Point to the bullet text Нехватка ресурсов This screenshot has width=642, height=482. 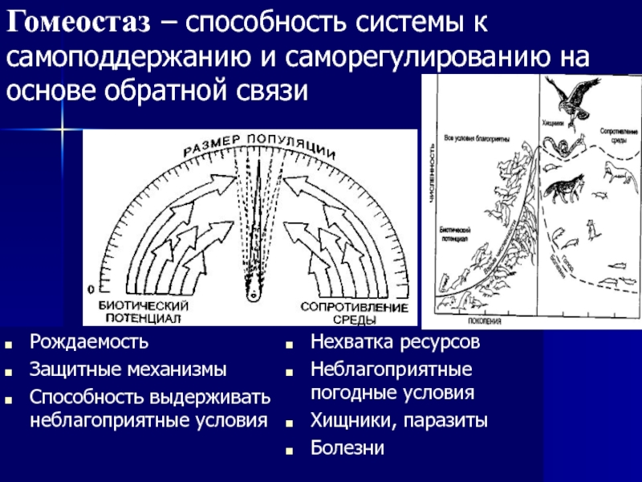click(396, 344)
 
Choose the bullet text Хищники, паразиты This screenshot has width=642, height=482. click(398, 421)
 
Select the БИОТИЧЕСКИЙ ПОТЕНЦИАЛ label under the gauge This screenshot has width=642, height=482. click(144, 312)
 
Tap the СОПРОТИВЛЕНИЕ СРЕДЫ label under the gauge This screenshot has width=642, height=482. click(354, 312)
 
